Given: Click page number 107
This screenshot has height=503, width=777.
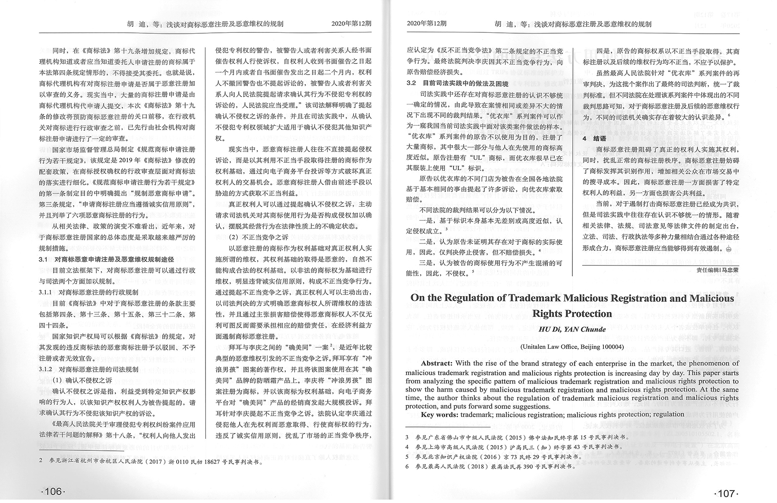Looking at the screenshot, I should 726,493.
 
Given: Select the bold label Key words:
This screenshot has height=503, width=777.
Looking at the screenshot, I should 439,414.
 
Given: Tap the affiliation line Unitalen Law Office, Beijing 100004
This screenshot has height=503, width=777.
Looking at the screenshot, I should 572,347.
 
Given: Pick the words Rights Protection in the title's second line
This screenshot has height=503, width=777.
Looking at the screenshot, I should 572,313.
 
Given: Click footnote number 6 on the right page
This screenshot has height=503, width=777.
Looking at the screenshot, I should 407,467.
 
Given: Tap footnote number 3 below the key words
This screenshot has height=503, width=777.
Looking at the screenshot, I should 407,437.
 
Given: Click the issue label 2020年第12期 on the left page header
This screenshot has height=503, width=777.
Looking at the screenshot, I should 351,24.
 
